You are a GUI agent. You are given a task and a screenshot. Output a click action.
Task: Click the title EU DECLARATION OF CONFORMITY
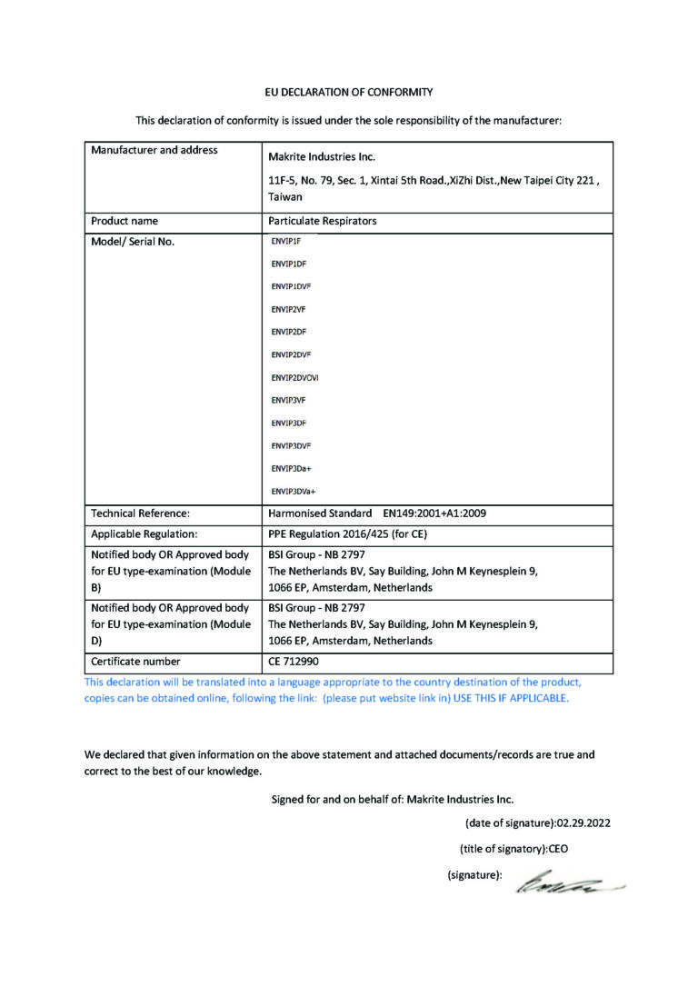tap(349, 92)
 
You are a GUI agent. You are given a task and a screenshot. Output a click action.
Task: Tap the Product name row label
tap(125, 221)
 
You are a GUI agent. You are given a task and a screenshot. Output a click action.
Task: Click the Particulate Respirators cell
tap(323, 221)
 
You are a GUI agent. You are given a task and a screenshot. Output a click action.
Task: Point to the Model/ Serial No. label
tap(133, 242)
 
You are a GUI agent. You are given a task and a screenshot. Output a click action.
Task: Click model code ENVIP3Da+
tap(292, 468)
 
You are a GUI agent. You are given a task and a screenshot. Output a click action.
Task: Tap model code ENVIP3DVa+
tap(294, 492)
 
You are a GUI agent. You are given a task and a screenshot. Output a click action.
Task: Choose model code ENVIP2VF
tap(288, 309)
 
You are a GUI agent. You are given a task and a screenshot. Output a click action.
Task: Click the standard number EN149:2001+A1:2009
tap(434, 513)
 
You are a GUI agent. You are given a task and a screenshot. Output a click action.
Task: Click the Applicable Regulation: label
tap(145, 534)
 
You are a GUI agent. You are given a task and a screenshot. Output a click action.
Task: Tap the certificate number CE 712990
tap(293, 662)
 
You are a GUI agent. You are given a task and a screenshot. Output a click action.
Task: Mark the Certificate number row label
tap(136, 662)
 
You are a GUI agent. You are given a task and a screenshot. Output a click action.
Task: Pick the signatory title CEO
tap(557, 849)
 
